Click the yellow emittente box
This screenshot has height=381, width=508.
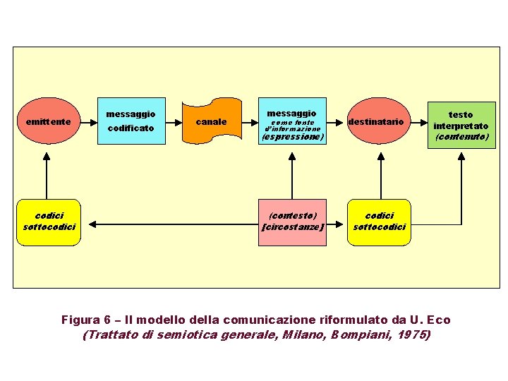[x=47, y=121]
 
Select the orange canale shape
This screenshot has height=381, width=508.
[x=212, y=121]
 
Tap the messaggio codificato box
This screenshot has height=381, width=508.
[x=131, y=121]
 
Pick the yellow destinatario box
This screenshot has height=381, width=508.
[x=376, y=121]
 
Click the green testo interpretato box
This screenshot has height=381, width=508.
[x=461, y=125]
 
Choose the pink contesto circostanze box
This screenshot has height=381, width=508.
[x=293, y=222]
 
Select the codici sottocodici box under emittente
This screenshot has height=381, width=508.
[x=49, y=222]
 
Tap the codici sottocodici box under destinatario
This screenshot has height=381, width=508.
[x=380, y=222]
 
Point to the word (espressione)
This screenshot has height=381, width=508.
[x=293, y=138]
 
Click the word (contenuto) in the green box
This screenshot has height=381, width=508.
[x=461, y=137]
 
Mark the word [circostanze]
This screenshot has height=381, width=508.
[x=293, y=227]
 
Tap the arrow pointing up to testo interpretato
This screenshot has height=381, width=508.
[x=461, y=176]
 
